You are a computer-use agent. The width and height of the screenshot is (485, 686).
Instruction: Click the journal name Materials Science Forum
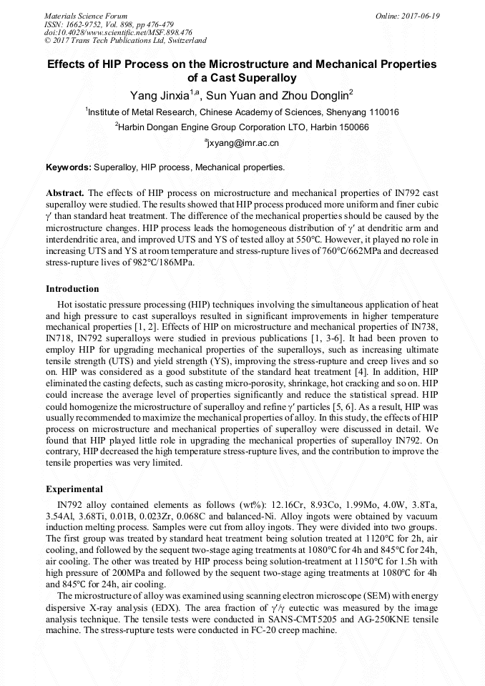(86, 15)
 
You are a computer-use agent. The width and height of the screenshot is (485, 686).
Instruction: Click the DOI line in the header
(118, 32)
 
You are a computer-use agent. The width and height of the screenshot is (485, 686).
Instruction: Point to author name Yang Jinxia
(158, 95)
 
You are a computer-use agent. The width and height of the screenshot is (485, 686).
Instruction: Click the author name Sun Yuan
(230, 95)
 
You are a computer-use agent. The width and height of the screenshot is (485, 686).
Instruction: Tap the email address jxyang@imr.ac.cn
(243, 143)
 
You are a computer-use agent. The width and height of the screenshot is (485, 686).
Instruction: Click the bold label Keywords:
(69, 168)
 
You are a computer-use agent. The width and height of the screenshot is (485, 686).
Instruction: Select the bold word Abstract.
(65, 193)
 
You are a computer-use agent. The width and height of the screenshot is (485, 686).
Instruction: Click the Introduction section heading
(72, 289)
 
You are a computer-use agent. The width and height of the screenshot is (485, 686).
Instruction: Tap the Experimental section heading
(74, 490)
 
